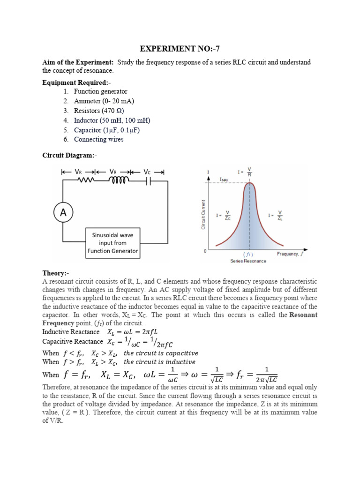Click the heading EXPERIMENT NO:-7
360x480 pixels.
tap(180, 49)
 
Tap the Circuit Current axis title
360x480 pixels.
tap(203, 214)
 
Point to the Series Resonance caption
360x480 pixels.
tap(248, 261)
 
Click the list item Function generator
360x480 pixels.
tap(100, 91)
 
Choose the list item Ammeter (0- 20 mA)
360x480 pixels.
tap(100, 101)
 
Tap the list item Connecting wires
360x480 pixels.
tap(98, 139)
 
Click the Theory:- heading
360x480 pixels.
tap(56, 273)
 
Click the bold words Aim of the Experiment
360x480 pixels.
tap(78, 62)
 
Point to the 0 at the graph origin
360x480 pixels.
tap(205, 251)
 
